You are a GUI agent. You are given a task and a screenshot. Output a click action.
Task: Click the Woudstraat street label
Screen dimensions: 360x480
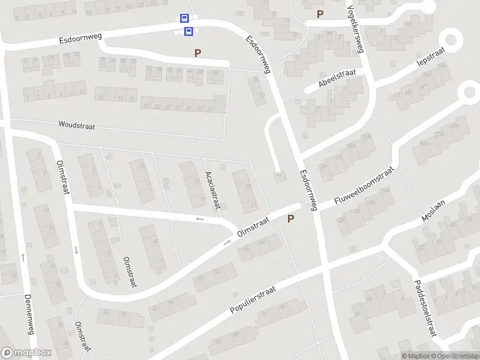(77, 125)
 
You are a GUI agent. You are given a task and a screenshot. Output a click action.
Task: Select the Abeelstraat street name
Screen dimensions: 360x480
(337, 78)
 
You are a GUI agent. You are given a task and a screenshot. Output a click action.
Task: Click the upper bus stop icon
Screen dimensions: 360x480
(184, 19)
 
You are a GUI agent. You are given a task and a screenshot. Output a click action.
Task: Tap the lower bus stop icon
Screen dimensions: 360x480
(188, 31)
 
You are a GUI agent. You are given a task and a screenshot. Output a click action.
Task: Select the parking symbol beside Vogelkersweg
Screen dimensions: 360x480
(320, 14)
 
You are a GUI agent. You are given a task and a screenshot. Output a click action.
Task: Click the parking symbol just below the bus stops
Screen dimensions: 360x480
(197, 53)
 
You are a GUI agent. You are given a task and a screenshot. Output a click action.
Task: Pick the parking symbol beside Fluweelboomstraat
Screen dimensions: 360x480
(291, 219)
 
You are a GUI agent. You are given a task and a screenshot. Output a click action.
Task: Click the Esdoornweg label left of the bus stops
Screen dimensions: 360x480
(80, 39)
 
